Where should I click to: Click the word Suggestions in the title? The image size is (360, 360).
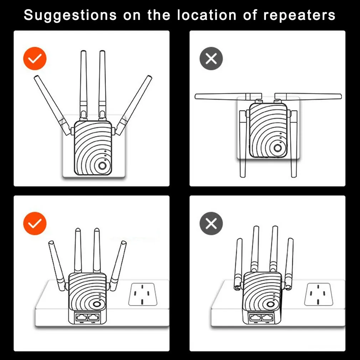point(70,16)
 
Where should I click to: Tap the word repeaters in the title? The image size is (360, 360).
point(299,16)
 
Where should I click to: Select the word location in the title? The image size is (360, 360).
point(207,15)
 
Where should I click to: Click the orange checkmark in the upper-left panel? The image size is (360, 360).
point(35,58)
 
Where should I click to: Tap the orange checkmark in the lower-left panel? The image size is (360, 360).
point(35,223)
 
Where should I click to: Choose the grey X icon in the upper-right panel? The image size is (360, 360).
point(211,58)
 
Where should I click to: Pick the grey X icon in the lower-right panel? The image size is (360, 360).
point(211,223)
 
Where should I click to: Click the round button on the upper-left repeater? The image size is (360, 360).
point(102,165)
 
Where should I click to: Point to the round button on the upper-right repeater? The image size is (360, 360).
point(278,148)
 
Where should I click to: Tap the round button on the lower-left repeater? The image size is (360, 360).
point(97,304)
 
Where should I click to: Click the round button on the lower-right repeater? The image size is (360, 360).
point(271,304)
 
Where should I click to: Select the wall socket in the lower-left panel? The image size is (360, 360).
point(143,294)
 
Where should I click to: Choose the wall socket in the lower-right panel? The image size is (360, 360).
point(318,294)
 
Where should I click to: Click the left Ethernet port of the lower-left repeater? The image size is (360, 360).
point(82,317)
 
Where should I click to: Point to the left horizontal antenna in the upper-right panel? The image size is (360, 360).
point(228,97)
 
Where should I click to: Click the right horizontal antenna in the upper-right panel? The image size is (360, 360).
point(308,97)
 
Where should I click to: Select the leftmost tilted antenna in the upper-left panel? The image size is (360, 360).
point(53,106)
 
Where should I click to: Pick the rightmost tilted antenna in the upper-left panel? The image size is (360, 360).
point(133,106)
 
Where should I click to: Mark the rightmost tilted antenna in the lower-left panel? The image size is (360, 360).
point(118,266)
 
